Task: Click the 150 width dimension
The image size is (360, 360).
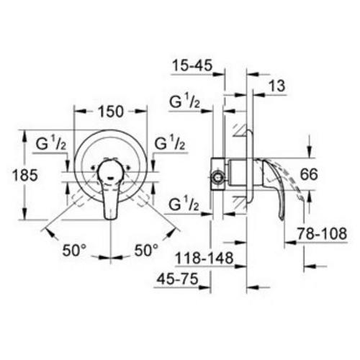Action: click(110, 112)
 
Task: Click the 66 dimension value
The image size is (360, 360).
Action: click(329, 175)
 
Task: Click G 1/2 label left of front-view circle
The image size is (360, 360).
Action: click(51, 143)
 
